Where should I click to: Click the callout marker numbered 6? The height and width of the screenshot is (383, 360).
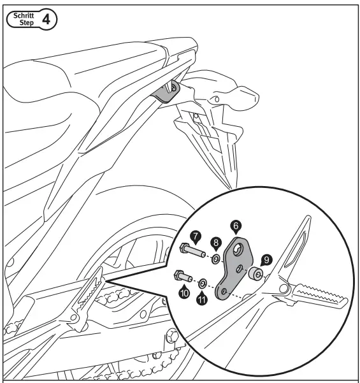(x=236, y=225)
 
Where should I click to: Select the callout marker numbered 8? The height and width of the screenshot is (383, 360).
(x=217, y=242)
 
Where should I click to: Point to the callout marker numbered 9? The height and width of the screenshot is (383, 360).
(x=267, y=259)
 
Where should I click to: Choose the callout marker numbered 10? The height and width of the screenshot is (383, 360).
(x=184, y=293)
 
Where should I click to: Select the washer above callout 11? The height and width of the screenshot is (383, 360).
(x=203, y=282)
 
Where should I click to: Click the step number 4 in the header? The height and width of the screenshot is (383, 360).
(x=47, y=18)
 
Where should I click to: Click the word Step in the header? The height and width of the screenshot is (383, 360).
(x=24, y=23)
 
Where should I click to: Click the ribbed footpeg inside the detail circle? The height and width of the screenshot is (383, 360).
(x=312, y=300)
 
